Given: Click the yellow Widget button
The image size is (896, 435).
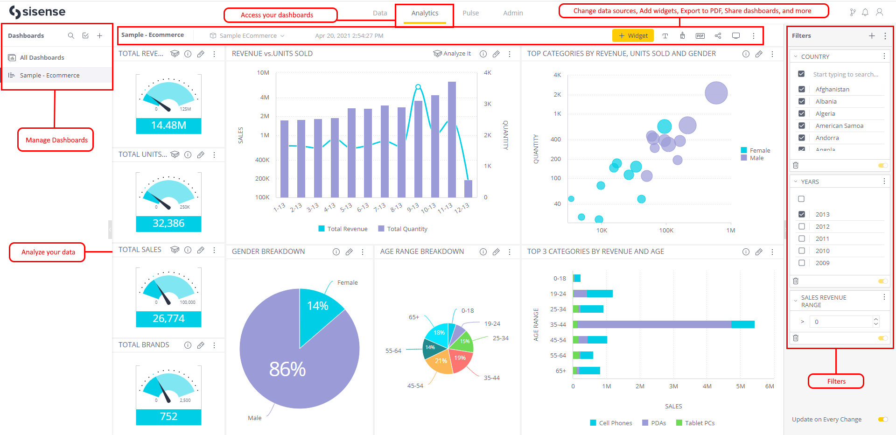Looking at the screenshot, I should [633, 36].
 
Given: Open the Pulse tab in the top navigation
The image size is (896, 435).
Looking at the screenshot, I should [470, 13].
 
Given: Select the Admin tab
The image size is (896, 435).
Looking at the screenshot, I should [513, 13].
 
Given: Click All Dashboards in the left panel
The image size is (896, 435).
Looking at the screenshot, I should [42, 57].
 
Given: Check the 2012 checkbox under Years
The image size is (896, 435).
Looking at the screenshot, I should [802, 226].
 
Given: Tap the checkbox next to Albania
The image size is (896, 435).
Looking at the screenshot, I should [802, 101].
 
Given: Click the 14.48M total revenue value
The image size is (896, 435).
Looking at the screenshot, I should [168, 126].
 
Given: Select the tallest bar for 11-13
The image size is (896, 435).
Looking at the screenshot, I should [452, 140].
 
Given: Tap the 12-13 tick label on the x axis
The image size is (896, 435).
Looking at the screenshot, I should [462, 208].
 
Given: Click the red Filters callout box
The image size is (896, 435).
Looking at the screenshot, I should [836, 381].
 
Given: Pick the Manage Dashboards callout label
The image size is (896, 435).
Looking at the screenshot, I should [56, 140].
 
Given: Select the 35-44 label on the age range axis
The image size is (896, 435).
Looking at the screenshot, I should [558, 324].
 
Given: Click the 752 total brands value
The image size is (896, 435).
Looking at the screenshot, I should [168, 416].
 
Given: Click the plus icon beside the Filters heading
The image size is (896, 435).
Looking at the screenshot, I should [872, 35].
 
